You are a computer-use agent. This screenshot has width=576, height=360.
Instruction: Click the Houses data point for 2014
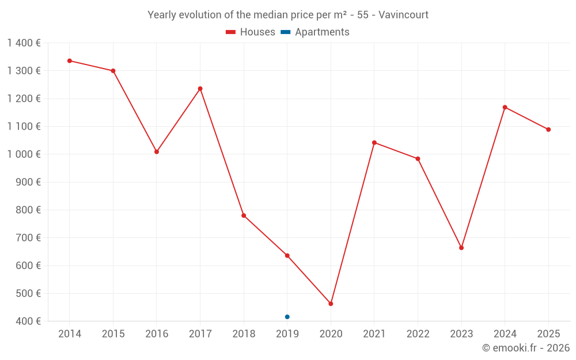tap(70, 60)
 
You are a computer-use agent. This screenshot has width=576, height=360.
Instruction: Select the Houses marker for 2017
tap(200, 89)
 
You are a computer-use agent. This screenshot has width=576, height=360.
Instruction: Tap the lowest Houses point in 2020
tap(331, 304)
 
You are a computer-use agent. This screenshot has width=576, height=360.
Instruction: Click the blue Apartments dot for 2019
tap(287, 317)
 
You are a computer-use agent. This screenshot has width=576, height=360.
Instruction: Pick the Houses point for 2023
tap(461, 248)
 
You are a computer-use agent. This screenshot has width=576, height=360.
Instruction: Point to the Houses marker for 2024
tap(505, 107)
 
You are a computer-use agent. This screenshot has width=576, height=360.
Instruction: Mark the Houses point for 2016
tap(157, 151)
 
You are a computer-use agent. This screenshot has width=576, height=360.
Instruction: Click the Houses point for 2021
tap(374, 142)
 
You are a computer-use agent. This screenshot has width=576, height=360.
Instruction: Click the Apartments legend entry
tap(322, 32)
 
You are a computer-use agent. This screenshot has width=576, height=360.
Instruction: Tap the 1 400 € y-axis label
tap(24, 43)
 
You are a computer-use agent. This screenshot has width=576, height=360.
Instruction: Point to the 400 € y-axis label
tap(29, 321)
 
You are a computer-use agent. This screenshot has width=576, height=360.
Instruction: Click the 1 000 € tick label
tap(24, 154)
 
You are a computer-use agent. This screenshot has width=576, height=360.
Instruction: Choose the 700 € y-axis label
tap(29, 237)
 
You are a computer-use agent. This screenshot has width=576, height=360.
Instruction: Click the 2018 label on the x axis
tap(244, 334)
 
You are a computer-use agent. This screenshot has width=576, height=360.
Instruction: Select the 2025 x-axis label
tap(548, 334)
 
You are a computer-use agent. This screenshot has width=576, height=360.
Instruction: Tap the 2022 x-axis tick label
tap(418, 334)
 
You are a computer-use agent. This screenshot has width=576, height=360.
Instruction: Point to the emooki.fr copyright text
tap(526, 348)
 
